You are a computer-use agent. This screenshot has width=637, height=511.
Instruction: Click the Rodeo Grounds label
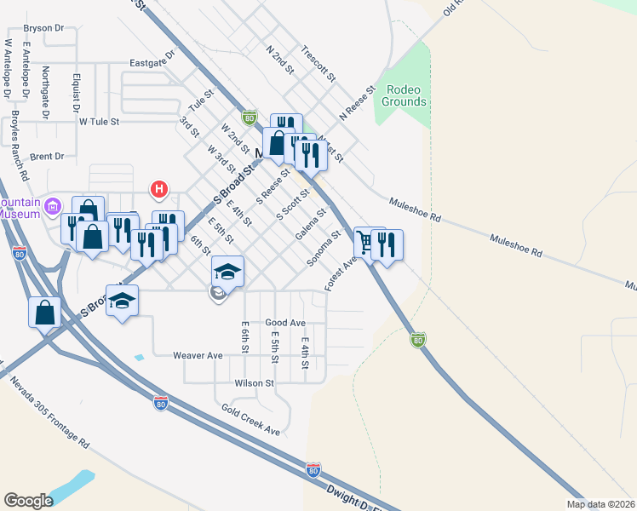coord(405,95)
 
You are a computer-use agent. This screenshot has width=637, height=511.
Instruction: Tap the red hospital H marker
coord(158,188)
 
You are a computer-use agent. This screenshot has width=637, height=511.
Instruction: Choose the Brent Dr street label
coord(47,157)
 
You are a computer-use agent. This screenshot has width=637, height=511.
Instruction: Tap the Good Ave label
coord(285,324)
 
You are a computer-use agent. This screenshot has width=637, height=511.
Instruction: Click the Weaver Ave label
coord(198,355)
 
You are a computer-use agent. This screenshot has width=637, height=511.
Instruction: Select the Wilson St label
coord(255,384)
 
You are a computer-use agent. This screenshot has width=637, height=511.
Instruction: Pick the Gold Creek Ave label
coord(251,420)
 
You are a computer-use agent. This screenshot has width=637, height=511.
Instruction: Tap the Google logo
coord(28,501)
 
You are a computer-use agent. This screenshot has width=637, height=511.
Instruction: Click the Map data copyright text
coord(601,503)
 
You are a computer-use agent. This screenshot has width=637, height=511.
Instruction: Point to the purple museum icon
coord(54,205)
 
